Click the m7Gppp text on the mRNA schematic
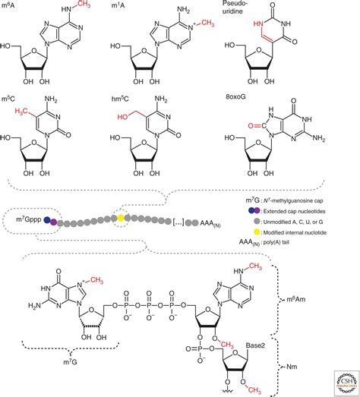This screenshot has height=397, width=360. (x=28, y=221)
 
